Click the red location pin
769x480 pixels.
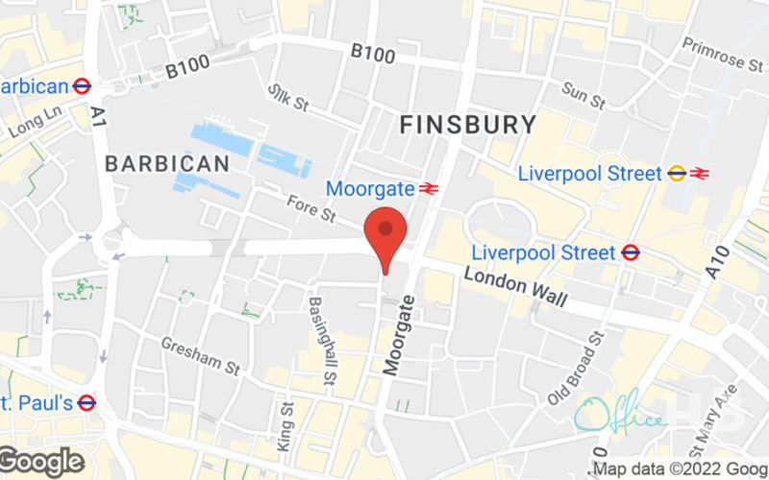pos(385,234)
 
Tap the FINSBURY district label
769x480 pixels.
pos(467,124)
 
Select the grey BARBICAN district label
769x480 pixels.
pos(167,163)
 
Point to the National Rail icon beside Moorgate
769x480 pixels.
pos(429,188)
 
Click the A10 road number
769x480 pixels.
pos(719,260)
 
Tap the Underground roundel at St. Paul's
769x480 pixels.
pos(87,402)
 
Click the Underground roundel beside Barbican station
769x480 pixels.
pos(82,85)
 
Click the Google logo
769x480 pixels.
pos(42,462)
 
